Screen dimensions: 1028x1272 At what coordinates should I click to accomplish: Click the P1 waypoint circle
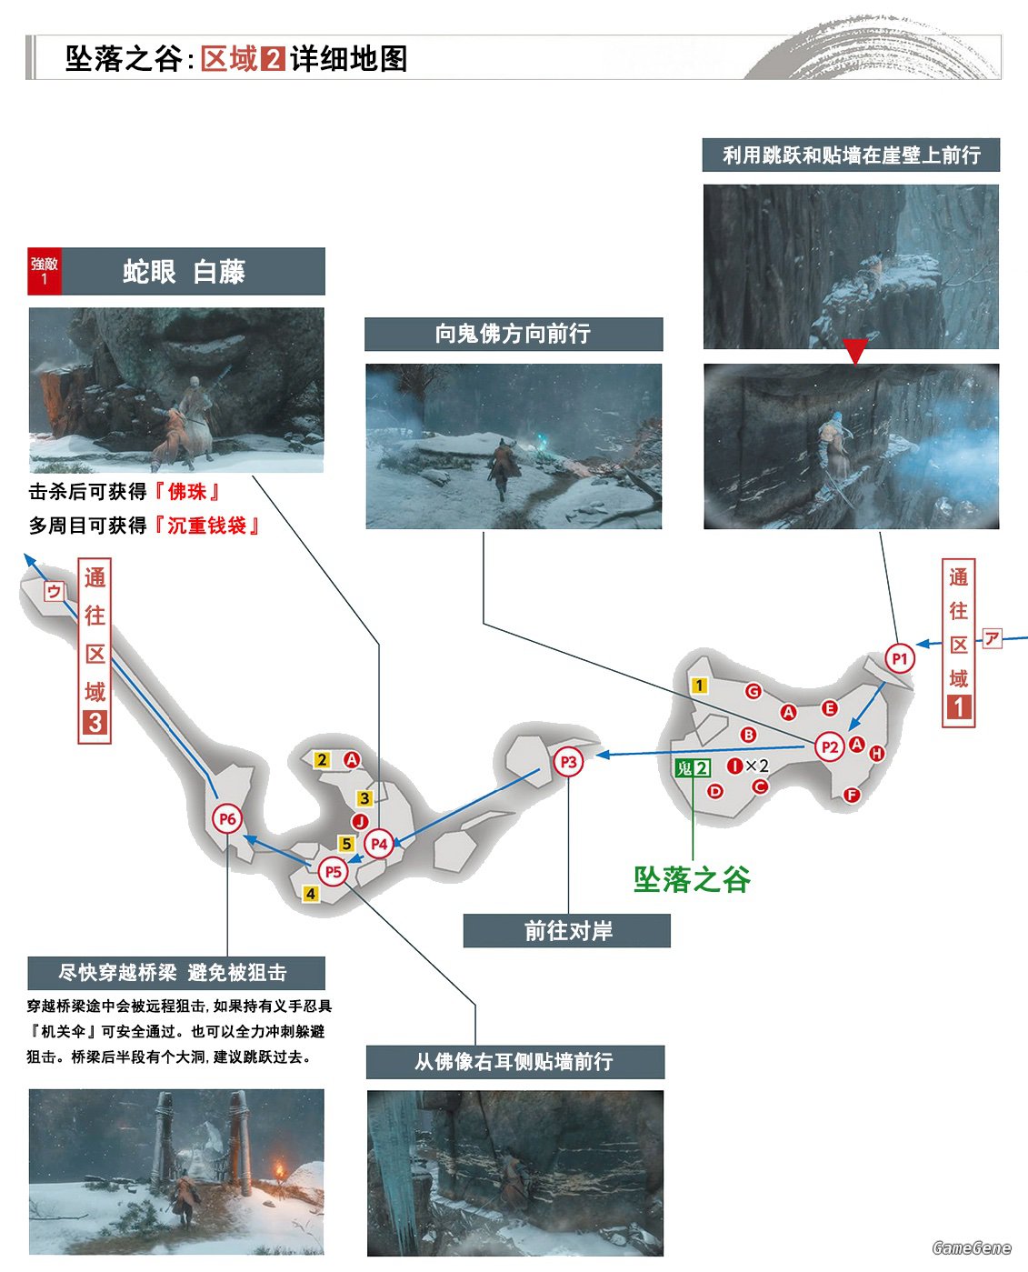pyautogui.click(x=899, y=658)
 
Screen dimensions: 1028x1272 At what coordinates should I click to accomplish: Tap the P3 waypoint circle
pyautogui.click(x=568, y=761)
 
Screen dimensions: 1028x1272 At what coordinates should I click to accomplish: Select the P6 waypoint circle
pyautogui.click(x=227, y=818)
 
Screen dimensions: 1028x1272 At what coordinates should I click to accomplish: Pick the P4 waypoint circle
pyautogui.click(x=379, y=844)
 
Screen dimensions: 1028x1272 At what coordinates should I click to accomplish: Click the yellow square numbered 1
pyautogui.click(x=699, y=685)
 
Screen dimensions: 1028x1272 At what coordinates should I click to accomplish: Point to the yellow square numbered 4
pyautogui.click(x=311, y=894)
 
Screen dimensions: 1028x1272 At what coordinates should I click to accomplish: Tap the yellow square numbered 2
pyautogui.click(x=322, y=759)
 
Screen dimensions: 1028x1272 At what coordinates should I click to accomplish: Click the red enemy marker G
pyautogui.click(x=754, y=691)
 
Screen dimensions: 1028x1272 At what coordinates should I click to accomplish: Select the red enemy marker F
pyautogui.click(x=852, y=795)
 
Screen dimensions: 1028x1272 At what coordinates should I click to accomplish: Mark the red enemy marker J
pyautogui.click(x=360, y=822)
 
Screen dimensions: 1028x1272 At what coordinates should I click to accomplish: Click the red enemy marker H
pyautogui.click(x=876, y=754)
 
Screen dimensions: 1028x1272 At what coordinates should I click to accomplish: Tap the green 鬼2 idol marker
pyautogui.click(x=693, y=767)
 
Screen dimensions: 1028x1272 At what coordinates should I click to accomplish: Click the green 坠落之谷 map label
pyautogui.click(x=692, y=879)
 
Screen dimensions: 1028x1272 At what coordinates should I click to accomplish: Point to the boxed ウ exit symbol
pyautogui.click(x=54, y=592)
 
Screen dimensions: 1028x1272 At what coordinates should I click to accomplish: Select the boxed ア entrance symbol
pyautogui.click(x=992, y=638)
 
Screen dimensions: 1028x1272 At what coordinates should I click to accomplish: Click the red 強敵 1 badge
pyautogui.click(x=45, y=271)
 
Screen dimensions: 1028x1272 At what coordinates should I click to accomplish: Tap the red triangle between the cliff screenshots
pyautogui.click(x=855, y=351)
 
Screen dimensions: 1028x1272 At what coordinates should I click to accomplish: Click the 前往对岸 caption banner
pyautogui.click(x=566, y=930)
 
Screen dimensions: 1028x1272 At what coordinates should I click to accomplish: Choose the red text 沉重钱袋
pyautogui.click(x=206, y=526)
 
